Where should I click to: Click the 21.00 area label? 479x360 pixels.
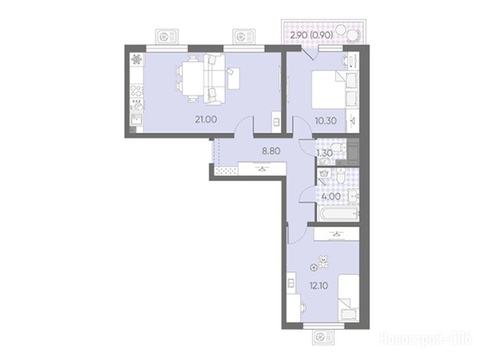206,120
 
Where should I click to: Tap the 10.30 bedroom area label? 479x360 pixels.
326,121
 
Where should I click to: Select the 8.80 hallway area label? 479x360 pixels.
271,150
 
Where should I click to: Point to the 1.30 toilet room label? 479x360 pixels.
324,152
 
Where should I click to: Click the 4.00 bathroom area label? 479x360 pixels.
331,196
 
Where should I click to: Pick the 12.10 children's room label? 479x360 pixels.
319,286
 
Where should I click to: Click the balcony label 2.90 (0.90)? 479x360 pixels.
311,35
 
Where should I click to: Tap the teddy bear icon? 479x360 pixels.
323,262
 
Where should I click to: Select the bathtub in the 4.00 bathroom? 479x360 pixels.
337,214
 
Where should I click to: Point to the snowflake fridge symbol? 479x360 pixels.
136,59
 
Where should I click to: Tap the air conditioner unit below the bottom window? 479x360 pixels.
324,337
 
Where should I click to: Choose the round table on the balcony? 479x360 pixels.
353,34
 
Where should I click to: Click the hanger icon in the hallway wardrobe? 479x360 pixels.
262,168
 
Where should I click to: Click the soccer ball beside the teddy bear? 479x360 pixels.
314,267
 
